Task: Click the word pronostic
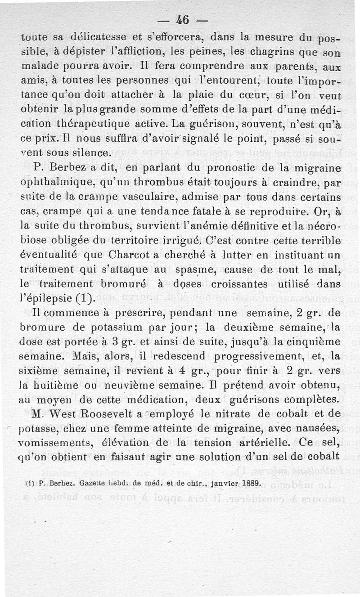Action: pos(231,168)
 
